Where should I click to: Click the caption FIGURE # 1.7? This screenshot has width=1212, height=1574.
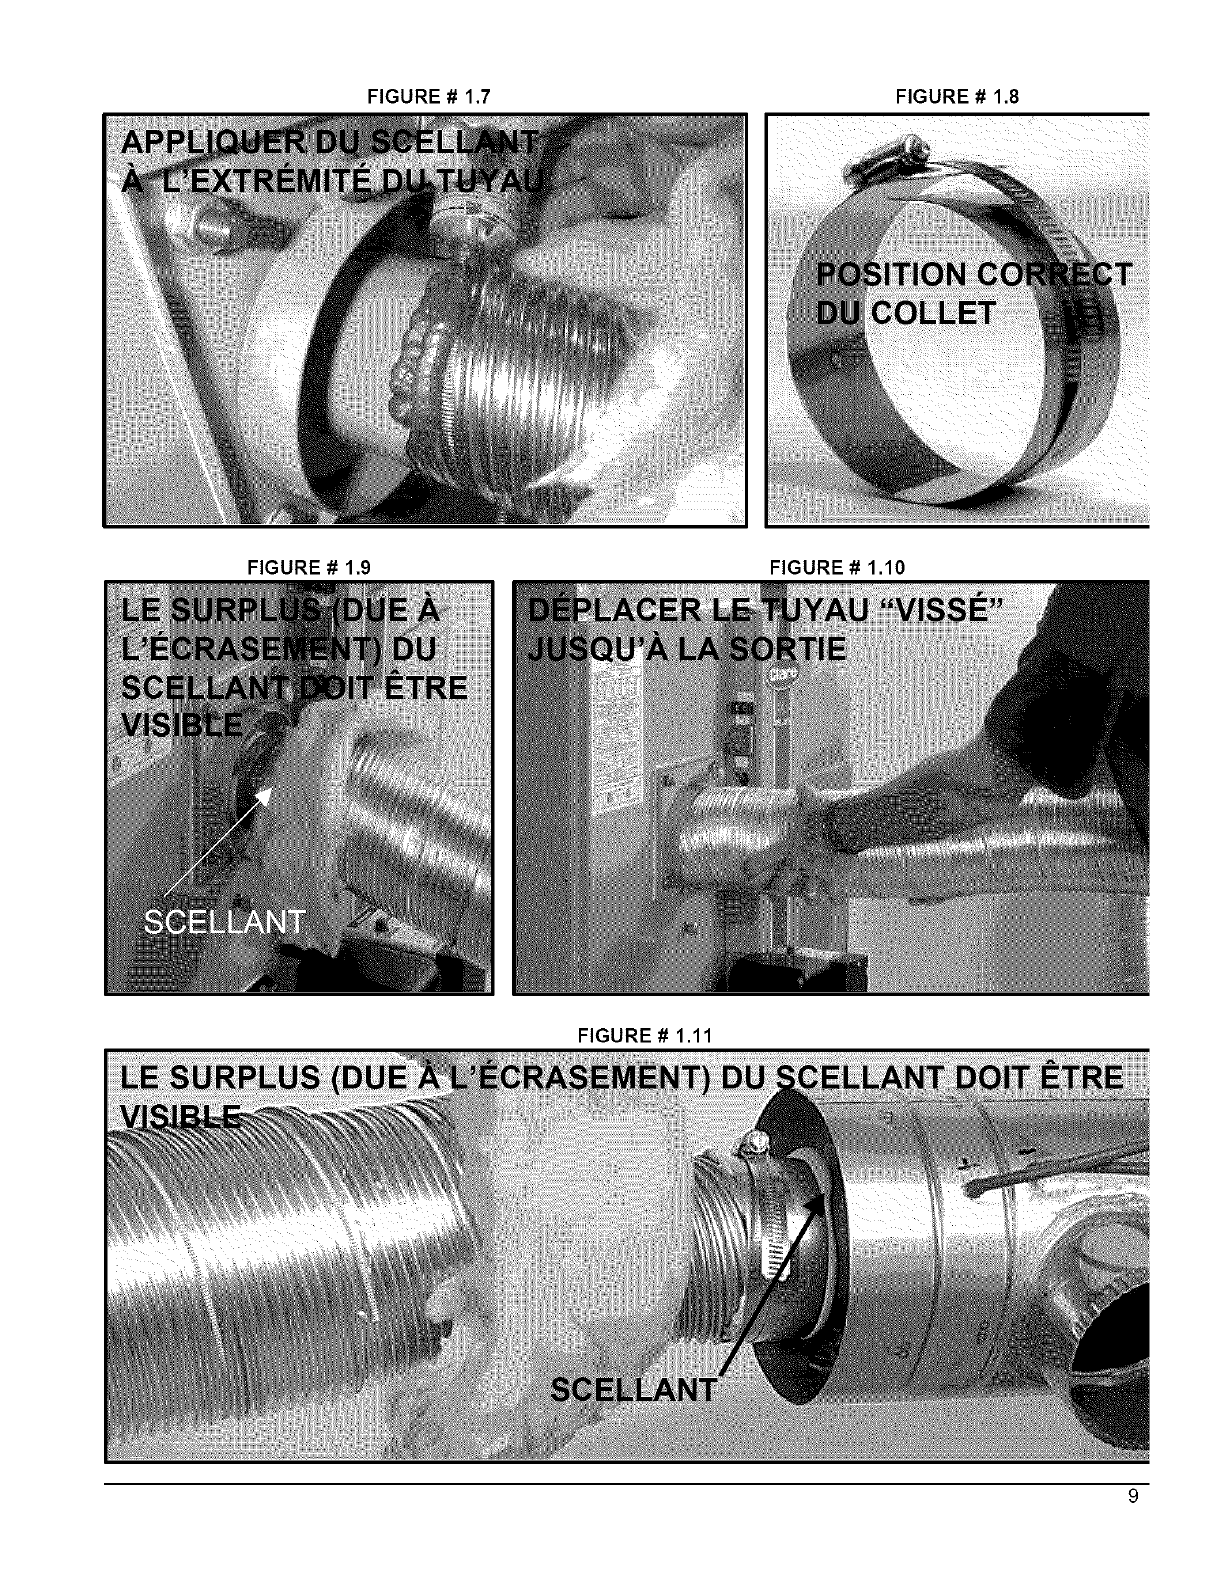(429, 96)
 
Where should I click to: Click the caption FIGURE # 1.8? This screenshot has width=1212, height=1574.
(956, 96)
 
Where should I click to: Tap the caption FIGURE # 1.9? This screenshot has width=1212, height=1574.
(308, 567)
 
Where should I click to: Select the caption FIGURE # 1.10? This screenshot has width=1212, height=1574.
(837, 567)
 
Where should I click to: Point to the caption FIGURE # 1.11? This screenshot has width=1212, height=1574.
(644, 1035)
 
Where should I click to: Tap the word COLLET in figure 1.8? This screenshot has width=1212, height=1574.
(933, 314)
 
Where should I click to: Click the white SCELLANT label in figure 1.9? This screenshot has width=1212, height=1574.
(224, 922)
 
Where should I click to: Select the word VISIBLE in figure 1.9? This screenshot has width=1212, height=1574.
(182, 725)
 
